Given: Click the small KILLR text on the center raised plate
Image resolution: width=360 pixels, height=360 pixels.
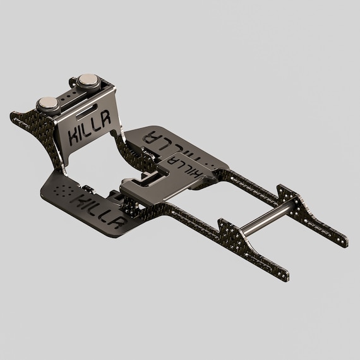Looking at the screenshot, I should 188,166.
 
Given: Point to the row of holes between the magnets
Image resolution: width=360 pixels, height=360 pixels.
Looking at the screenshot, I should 68,94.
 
